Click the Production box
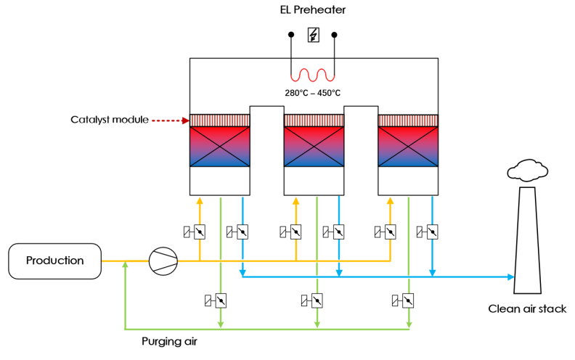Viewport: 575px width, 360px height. point(54,261)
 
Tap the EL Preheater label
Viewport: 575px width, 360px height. point(313,11)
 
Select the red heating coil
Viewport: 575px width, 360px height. point(313,75)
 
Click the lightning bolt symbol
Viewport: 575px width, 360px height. point(314,35)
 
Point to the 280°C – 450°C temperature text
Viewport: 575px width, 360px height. point(313,93)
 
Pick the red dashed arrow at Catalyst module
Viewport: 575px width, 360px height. point(168,119)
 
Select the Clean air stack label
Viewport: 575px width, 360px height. point(527,309)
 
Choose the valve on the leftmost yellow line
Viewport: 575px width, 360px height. point(199,232)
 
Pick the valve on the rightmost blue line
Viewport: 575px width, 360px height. point(432,232)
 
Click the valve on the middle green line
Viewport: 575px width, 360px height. point(317,299)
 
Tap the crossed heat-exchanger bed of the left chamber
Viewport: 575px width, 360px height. point(220,147)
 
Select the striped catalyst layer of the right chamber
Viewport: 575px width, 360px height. point(408,120)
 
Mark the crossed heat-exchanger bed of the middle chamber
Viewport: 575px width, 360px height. point(314,147)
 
